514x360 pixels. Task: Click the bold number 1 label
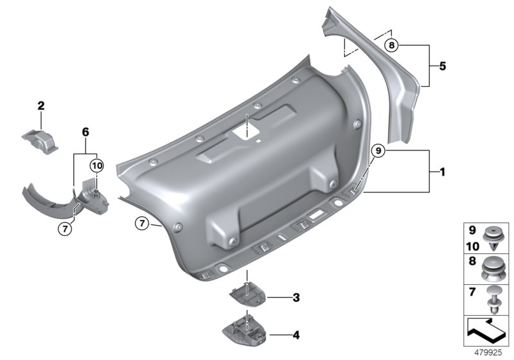441,172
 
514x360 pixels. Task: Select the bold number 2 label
40,105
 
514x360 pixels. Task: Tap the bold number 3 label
296,298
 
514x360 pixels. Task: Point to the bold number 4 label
296,334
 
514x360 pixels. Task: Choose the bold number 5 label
441,66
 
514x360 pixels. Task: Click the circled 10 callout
96,166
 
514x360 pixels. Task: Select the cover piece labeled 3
247,296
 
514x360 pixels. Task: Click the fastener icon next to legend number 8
494,265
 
